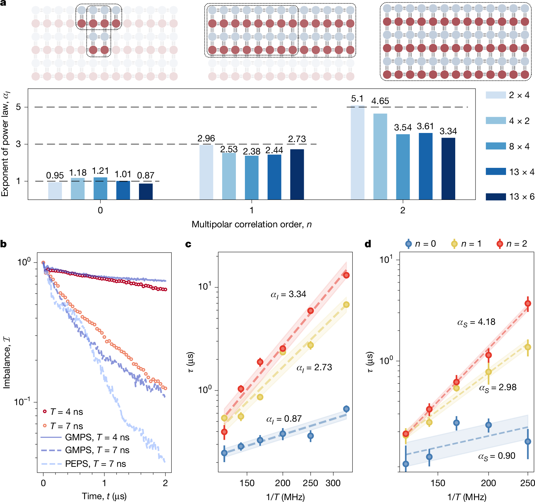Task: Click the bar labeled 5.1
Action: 357,153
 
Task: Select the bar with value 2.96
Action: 206,172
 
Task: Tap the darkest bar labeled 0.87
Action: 146,192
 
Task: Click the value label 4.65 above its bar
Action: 380,101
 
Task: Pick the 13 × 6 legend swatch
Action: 495,197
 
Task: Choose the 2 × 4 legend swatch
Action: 495,95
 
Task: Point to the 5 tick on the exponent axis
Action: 18,107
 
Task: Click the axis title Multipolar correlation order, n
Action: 251,225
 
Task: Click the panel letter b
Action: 3,244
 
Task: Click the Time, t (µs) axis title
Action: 104,496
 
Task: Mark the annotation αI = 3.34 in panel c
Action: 288,294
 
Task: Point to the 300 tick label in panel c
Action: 333,483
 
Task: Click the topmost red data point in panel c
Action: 346,275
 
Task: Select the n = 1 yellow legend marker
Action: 454,244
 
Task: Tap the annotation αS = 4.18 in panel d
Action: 476,322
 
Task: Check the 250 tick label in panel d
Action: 528,483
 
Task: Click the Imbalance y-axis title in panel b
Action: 7,363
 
